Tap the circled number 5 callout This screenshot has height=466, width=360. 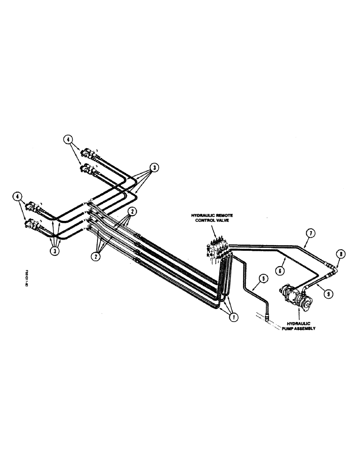[263, 279]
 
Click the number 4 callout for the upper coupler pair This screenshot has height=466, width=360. [68, 139]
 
